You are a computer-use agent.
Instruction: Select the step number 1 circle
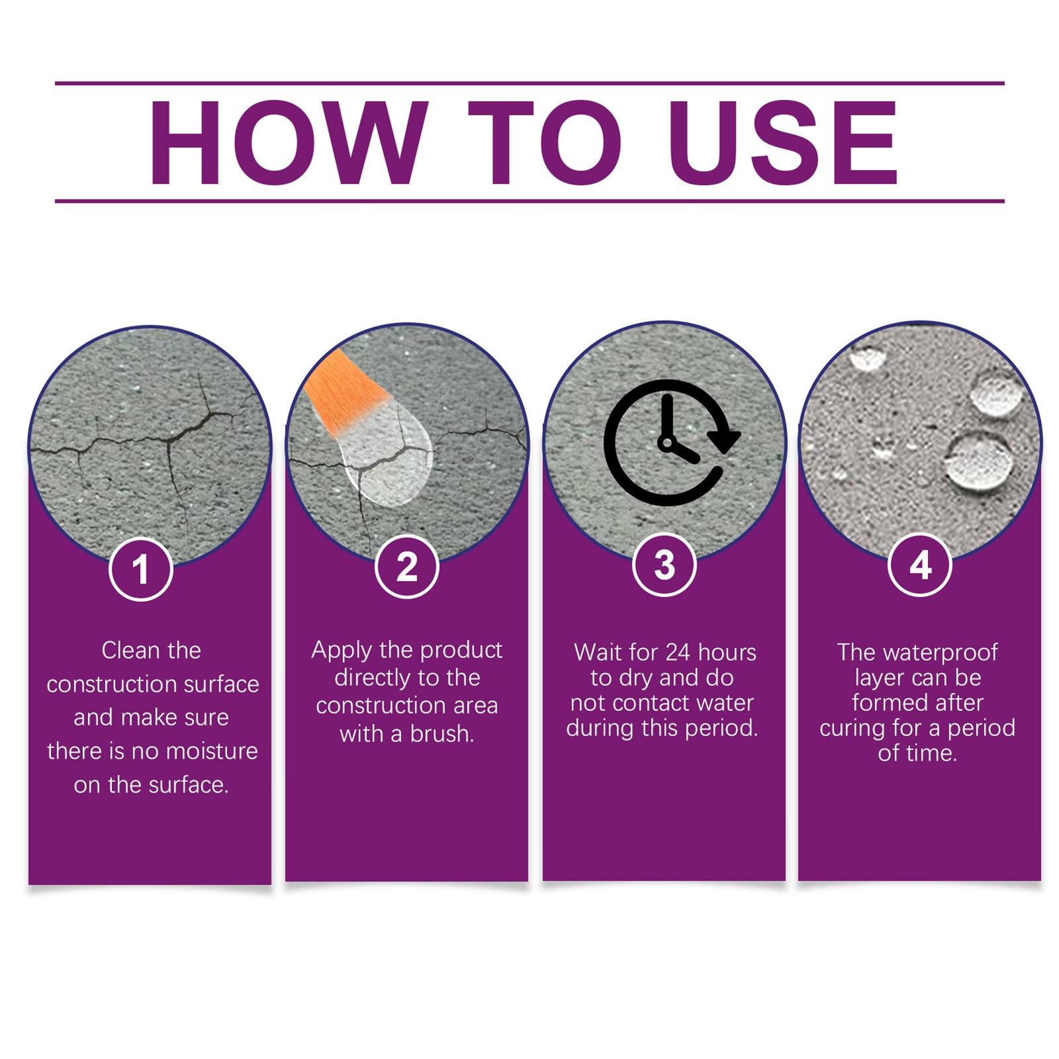pyautogui.click(x=140, y=569)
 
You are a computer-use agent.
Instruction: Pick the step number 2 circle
pyautogui.click(x=407, y=567)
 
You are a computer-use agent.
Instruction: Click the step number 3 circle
pyautogui.click(x=664, y=565)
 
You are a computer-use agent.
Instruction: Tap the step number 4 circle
pyautogui.click(x=920, y=565)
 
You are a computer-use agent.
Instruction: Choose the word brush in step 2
pyautogui.click(x=442, y=734)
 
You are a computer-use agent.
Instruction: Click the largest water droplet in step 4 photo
pyautogui.click(x=979, y=460)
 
